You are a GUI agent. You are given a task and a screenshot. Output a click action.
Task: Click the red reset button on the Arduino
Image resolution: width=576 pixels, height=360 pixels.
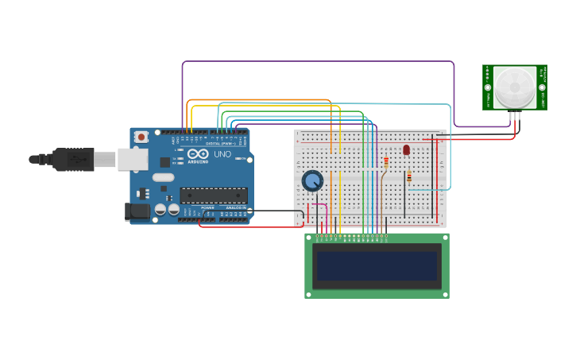[141, 137]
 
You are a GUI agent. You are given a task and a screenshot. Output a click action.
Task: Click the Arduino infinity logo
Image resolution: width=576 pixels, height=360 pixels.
[198, 153]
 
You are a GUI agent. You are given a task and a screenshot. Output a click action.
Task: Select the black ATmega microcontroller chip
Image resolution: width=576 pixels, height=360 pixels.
[213, 195]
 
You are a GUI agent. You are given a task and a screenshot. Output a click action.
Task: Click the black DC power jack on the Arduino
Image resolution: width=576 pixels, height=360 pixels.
[137, 211]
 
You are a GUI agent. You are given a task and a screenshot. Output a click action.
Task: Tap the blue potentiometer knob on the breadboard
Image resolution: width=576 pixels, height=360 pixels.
[312, 180]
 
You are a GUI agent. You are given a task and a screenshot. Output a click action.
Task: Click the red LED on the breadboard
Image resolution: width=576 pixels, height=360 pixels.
[406, 149]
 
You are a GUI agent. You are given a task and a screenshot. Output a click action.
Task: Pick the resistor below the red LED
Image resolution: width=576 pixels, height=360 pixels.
[409, 176]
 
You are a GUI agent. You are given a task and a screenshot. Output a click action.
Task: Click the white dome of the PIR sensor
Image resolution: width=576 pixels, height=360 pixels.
[514, 87]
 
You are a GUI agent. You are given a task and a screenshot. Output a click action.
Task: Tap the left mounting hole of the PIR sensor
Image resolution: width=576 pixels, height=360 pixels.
[488, 87]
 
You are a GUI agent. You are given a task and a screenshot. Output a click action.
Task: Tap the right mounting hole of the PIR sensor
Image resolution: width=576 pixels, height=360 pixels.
[542, 87]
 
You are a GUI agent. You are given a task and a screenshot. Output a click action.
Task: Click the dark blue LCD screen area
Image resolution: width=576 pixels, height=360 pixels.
[377, 266]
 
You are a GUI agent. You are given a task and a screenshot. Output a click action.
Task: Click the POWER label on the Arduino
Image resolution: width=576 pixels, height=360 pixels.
[207, 207]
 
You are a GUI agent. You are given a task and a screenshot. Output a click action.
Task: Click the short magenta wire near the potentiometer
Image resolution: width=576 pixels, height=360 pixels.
[319, 204]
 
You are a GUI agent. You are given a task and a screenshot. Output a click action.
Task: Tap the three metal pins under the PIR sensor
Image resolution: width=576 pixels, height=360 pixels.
[516, 116]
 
